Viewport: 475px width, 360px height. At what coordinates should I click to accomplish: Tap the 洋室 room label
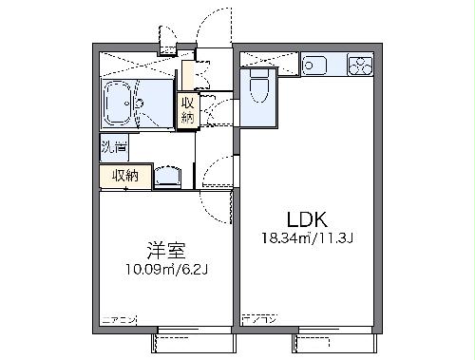point(165,251)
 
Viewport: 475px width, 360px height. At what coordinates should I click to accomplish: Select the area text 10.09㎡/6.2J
point(166,269)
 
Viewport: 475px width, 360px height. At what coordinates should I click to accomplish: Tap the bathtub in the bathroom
point(121,102)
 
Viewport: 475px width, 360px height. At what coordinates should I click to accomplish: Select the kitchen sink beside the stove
point(315,66)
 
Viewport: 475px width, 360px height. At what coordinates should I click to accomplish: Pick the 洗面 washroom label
point(111,147)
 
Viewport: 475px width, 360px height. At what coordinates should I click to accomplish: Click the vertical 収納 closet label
point(187,110)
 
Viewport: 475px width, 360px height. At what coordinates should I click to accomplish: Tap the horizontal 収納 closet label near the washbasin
point(125,175)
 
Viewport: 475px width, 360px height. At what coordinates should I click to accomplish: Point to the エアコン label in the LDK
point(257,319)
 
